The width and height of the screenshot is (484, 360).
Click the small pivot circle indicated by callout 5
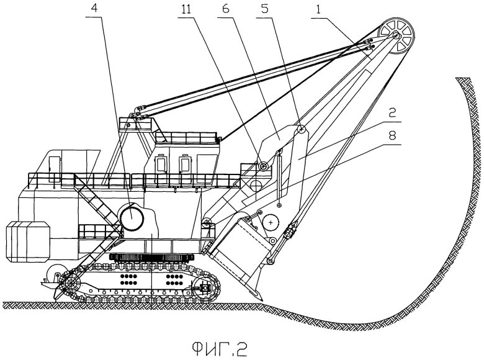(x=300, y=130)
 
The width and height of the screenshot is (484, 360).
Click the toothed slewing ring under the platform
(x=153, y=257)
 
